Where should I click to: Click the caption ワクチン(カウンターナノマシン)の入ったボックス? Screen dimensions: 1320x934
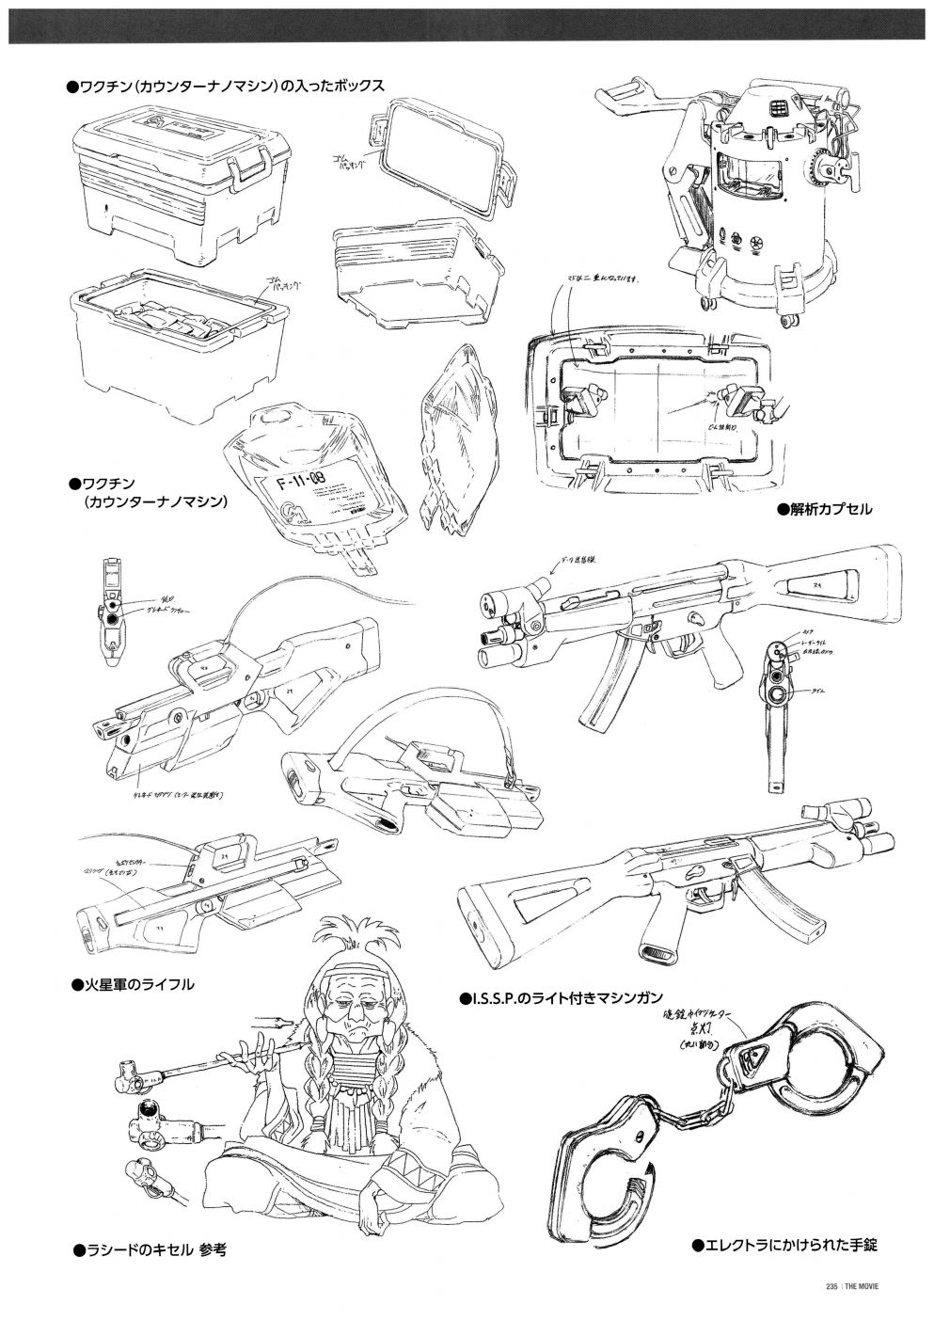pyautogui.click(x=225, y=86)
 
